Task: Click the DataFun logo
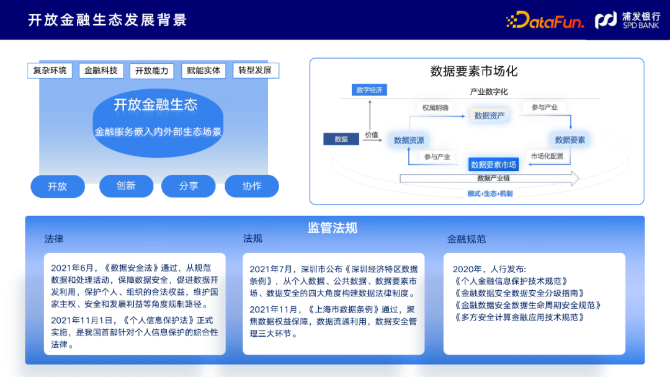tap(545, 20)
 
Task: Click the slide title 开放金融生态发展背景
tap(107, 20)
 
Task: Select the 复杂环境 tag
tap(50, 70)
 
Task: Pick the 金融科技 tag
tap(101, 71)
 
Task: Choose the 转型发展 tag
tap(255, 70)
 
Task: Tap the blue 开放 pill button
tap(58, 186)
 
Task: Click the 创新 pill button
tap(126, 185)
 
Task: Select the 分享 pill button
tap(189, 186)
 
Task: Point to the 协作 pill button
tap(252, 186)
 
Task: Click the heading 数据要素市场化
tap(474, 71)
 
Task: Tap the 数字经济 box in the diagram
tap(370, 90)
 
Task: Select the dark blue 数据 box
tap(341, 139)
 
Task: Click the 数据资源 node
tap(409, 140)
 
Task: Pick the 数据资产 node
tap(489, 115)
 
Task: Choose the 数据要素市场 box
tap(493, 164)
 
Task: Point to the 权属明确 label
tap(435, 107)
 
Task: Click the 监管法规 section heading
tap(333, 228)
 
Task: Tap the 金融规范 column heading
tap(467, 239)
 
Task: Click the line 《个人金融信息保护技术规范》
tap(511, 281)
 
